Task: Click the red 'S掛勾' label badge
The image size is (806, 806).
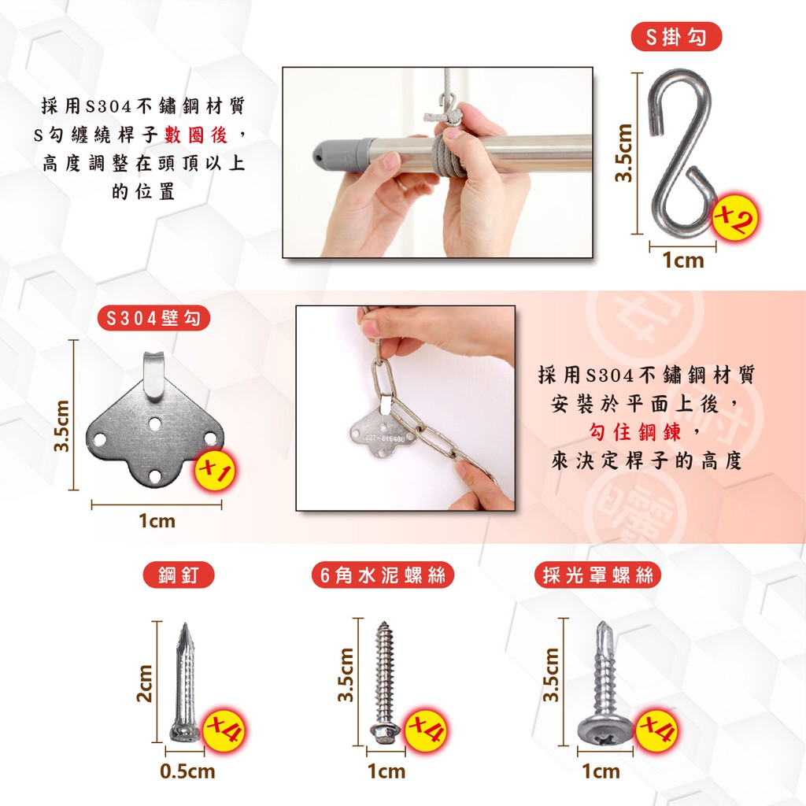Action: pos(676,36)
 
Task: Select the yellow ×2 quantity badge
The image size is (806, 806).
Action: pos(736,219)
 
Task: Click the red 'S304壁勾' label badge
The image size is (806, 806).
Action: pos(153,318)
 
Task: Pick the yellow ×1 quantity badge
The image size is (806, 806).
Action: pos(214,470)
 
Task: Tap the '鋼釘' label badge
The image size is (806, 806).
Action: pos(179,575)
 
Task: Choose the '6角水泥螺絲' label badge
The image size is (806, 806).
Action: pos(383,575)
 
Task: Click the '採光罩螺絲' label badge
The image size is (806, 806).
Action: pos(597,575)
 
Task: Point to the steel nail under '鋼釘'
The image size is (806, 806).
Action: pos(185,682)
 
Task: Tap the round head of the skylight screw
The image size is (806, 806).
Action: pos(604,729)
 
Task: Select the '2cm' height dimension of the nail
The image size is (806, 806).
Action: pos(145,683)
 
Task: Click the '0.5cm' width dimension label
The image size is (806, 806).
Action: pos(187,771)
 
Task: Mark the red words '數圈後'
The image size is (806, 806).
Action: pos(196,135)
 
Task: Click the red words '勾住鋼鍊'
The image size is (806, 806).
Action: pos(635,432)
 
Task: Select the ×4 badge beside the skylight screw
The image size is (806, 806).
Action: pos(658,730)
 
